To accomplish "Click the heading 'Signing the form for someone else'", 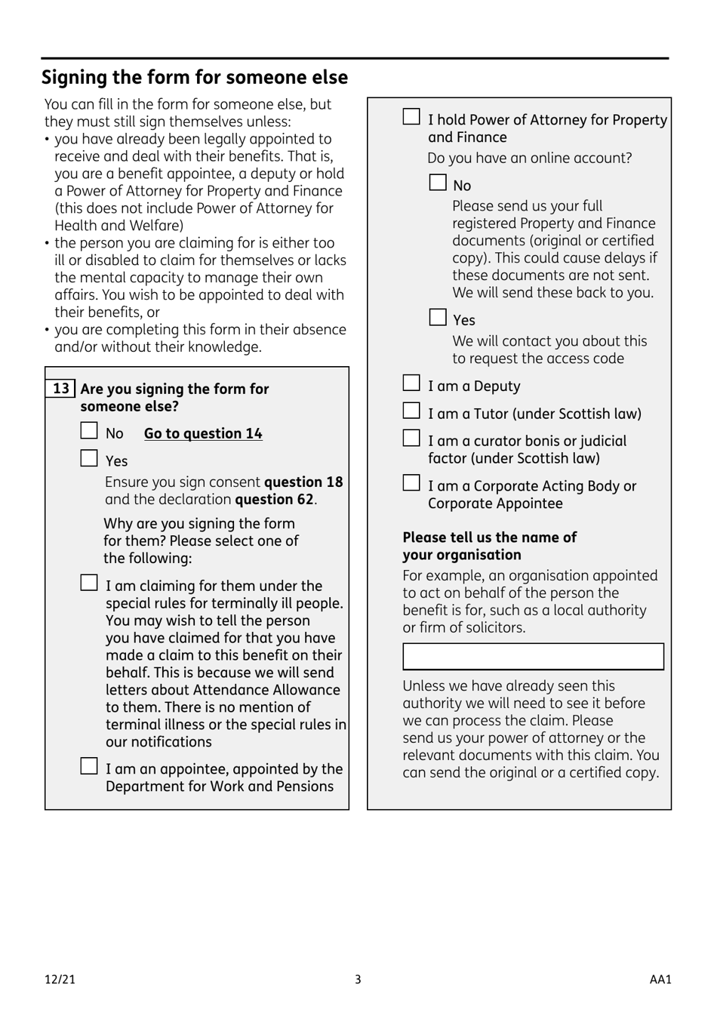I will coord(195,78).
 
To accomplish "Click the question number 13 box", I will coord(60,389).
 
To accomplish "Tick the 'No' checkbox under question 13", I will coord(89,432).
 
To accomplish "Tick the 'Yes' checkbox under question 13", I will coord(89,459).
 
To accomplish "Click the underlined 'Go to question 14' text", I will coord(203,433).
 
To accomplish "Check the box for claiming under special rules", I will coord(89,583).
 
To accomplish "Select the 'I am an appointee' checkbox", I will coord(89,767).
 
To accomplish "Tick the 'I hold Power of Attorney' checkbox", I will coord(411,117).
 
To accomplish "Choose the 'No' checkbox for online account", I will coord(438,183).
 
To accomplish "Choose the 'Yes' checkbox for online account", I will coord(438,318).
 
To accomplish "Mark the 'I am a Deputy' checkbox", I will coord(411,384).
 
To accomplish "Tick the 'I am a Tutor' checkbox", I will coord(411,411).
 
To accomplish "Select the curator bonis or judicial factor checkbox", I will coord(411,439).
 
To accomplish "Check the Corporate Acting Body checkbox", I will coord(411,484).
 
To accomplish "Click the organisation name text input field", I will coord(533,657).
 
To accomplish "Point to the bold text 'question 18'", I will coord(303,482).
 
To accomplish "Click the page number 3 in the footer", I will coord(358,980).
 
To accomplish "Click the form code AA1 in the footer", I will coord(660,980).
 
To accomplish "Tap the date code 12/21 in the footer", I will coord(60,980).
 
